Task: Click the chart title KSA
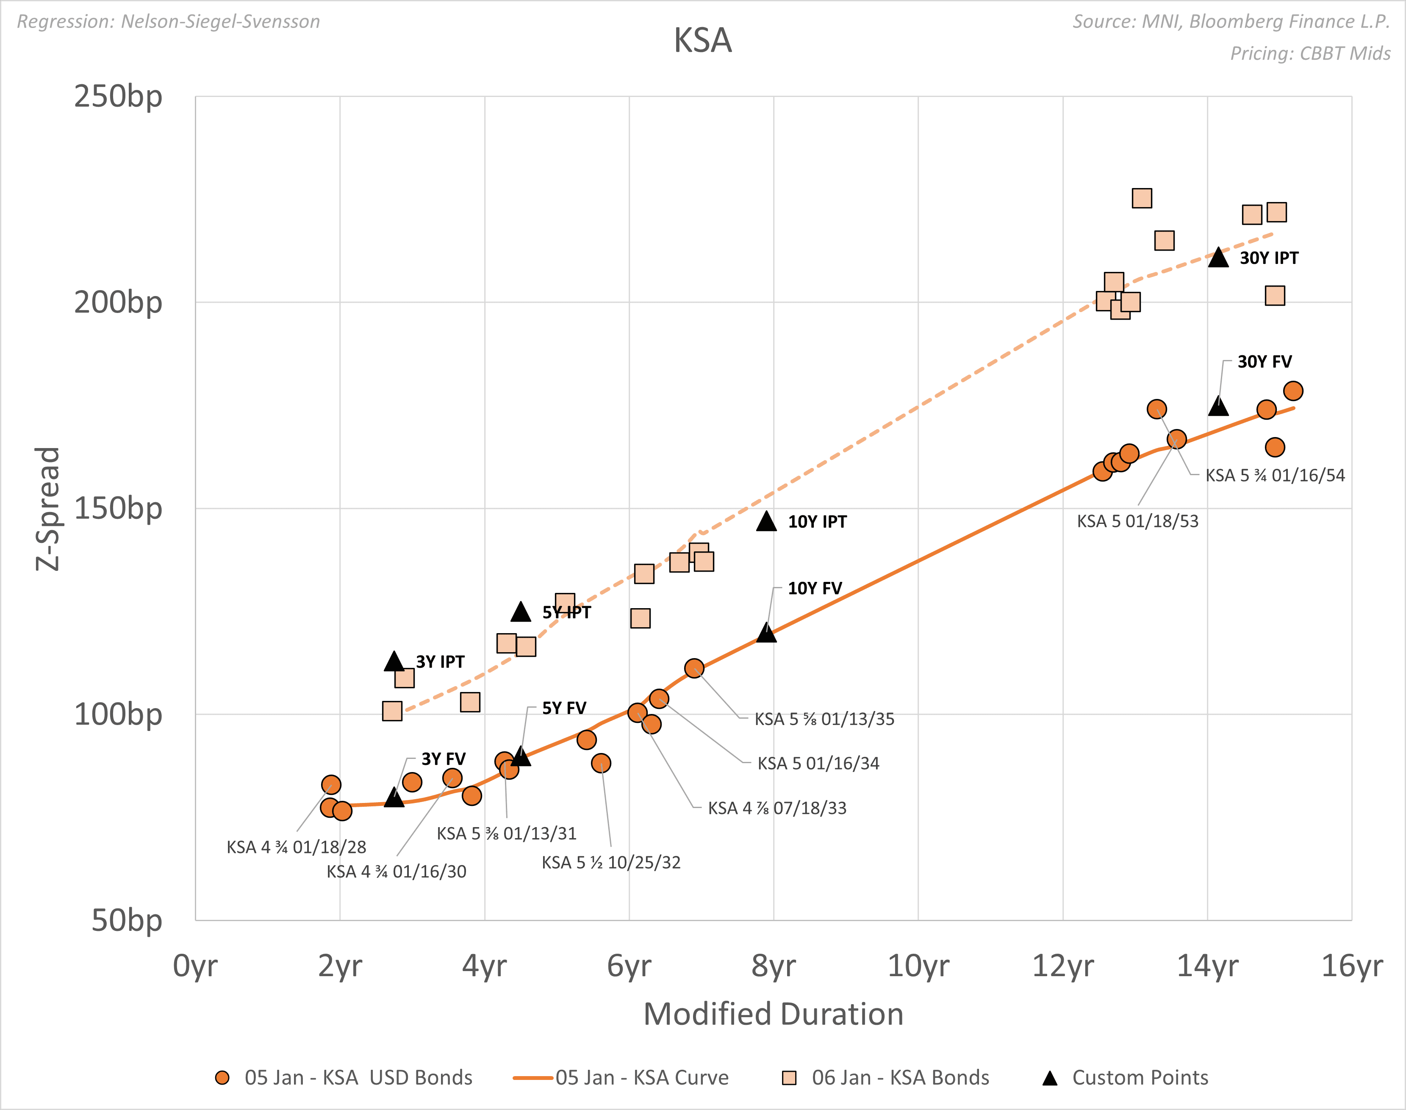(703, 40)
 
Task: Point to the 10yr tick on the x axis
(918, 966)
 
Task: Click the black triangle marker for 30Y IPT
(1218, 258)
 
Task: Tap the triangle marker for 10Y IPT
(766, 522)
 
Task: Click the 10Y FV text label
(815, 588)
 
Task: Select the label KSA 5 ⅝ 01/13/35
(824, 719)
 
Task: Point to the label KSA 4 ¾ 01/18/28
(297, 847)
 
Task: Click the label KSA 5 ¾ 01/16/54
(1275, 475)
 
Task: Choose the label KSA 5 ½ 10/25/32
(611, 862)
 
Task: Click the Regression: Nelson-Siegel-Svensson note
(168, 22)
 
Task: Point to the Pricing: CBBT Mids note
(1310, 53)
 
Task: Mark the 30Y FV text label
(1264, 361)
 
